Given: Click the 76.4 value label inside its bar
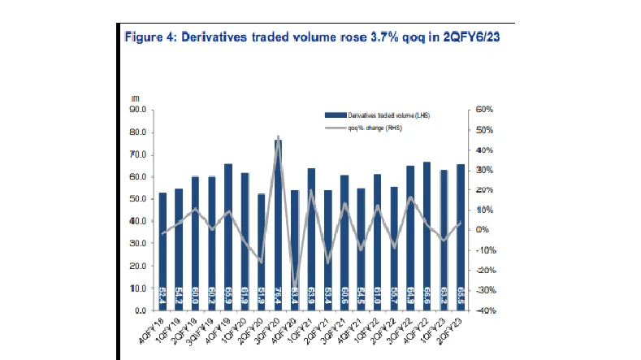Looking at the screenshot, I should coord(278,296).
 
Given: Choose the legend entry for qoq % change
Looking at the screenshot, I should coord(369,128).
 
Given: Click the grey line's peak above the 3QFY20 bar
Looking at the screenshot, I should coord(278,137).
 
